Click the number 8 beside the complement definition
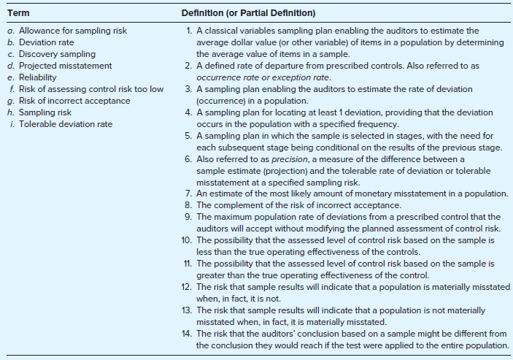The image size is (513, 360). (189, 204)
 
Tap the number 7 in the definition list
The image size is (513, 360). (189, 193)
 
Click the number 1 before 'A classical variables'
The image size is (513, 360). (189, 31)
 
